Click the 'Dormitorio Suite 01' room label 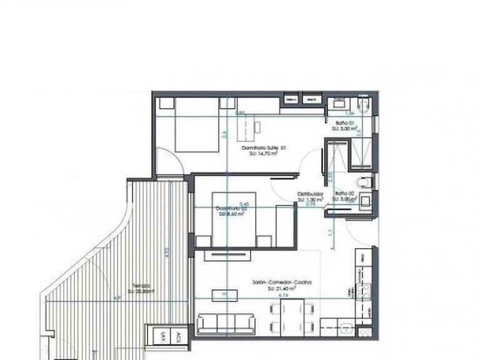point(263,147)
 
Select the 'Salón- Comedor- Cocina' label point(281,282)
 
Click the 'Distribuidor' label point(309,194)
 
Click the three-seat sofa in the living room point(226,324)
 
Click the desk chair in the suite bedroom point(256,126)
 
